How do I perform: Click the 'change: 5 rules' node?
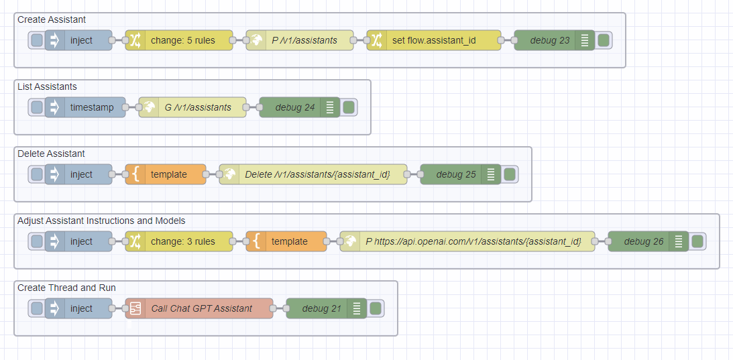coord(182,40)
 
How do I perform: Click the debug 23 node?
coord(550,40)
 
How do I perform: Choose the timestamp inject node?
coord(92,107)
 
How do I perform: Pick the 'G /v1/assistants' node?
coord(197,107)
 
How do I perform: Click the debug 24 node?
coord(295,107)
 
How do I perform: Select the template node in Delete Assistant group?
coord(168,174)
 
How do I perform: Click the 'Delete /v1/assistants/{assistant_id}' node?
coord(317,174)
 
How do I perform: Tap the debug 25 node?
coord(456,174)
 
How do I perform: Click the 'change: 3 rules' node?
coord(182,241)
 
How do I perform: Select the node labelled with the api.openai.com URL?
coord(473,241)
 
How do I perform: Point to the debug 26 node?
coord(644,241)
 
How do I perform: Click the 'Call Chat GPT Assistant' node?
coord(202,308)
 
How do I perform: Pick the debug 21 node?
coord(322,308)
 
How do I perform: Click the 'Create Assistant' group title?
coord(52,19)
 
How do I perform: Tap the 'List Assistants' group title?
coord(47,86)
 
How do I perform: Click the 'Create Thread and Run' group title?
coord(66,288)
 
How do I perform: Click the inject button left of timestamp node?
coord(37,107)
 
